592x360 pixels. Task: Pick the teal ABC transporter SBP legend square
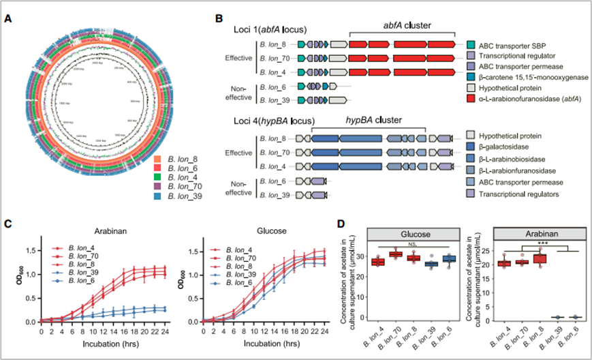[472, 44]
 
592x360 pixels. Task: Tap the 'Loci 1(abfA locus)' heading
[269, 30]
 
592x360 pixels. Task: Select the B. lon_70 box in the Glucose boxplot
[396, 254]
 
